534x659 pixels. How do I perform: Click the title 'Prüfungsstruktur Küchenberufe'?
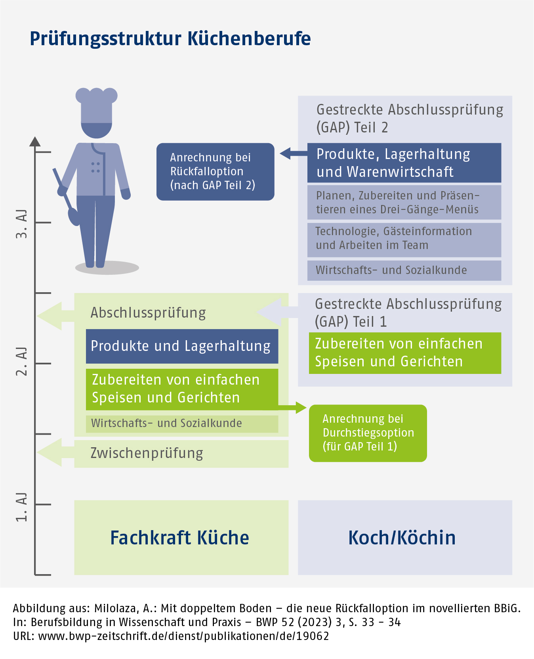(x=170, y=39)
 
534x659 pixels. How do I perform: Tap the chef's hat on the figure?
(x=96, y=105)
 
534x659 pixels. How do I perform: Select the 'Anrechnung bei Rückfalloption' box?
(x=215, y=172)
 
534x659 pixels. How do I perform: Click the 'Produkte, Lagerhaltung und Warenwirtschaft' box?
(x=404, y=163)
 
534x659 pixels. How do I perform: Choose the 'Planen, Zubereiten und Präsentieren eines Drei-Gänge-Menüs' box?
(x=404, y=202)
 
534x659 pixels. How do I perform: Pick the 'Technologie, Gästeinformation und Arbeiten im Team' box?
(x=404, y=238)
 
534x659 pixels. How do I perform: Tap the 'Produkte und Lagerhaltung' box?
(x=182, y=346)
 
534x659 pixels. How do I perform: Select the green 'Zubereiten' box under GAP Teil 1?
(x=405, y=353)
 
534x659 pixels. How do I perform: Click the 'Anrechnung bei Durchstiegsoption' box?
(x=368, y=433)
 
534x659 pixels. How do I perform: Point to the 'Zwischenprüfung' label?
(x=147, y=453)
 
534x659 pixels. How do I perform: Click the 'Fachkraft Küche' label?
(x=179, y=538)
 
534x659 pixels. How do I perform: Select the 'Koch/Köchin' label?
(x=402, y=538)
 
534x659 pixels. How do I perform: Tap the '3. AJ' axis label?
(x=22, y=224)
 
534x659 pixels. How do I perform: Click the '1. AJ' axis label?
(x=22, y=507)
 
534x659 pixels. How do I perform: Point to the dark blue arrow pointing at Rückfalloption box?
(x=293, y=153)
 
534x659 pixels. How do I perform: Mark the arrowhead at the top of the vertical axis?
(x=35, y=142)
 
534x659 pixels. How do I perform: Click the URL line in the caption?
(x=171, y=636)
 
